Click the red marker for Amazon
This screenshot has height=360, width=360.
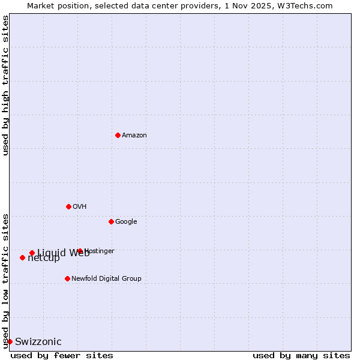coord(118,135)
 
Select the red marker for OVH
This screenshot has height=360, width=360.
coord(68,206)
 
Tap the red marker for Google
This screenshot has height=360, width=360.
coord(111,221)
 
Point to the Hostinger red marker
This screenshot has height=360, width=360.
coord(80,251)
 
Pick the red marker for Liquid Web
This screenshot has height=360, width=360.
coord(32,253)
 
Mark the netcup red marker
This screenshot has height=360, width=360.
coord(22,257)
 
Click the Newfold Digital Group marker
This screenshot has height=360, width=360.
coord(67,278)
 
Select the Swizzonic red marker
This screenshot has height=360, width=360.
coord(10,341)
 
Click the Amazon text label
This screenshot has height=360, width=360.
coord(134,135)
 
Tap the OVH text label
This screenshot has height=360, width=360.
coord(80,206)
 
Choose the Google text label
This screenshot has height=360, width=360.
coord(126,221)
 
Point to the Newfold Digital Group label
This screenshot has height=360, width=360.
coord(106,278)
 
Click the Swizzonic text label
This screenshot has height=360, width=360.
coord(38,341)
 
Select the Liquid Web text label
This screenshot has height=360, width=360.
coord(63,253)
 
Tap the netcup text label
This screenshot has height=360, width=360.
coord(44,258)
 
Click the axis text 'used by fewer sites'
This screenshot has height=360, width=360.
coord(62,355)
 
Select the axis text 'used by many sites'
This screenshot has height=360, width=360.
coord(301,355)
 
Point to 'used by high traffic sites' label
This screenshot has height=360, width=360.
coord(5,85)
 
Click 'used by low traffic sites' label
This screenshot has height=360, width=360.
coord(5,280)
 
